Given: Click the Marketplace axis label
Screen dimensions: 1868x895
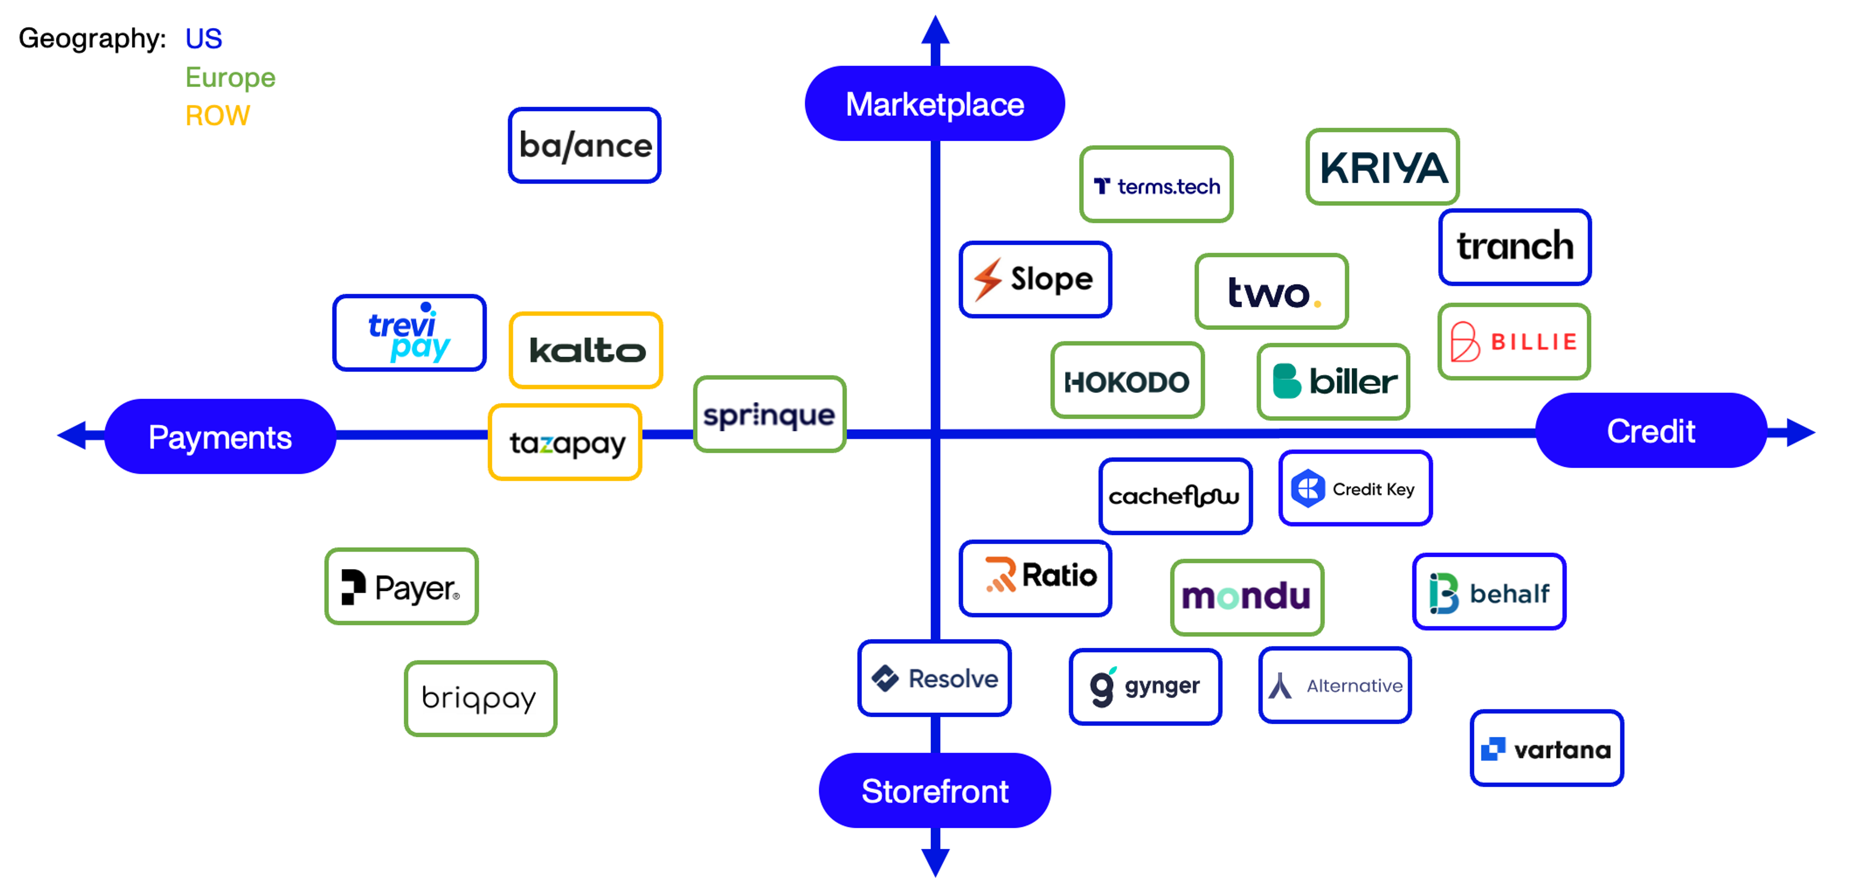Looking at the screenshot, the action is (x=934, y=104).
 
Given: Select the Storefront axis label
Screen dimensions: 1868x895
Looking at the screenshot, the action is (x=934, y=790).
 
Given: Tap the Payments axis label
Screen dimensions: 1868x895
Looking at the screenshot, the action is (x=220, y=437).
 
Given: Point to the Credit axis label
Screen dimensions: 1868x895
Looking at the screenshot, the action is (x=1651, y=431).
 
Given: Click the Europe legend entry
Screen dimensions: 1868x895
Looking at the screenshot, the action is (x=230, y=77).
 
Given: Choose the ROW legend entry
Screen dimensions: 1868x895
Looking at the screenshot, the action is (x=217, y=116).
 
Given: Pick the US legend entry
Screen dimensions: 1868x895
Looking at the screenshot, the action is (x=204, y=38).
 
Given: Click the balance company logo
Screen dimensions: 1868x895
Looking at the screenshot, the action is (x=584, y=145).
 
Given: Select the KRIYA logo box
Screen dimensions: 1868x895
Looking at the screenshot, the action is (x=1382, y=167).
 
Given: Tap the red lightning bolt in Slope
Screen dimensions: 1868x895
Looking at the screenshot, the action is (x=988, y=279).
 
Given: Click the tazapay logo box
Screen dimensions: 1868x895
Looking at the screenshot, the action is (x=565, y=442).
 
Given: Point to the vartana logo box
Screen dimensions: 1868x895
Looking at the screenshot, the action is (x=1547, y=748).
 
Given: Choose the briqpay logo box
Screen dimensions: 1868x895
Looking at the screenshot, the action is (x=481, y=698).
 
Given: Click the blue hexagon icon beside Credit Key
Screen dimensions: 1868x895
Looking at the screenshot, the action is (x=1308, y=488).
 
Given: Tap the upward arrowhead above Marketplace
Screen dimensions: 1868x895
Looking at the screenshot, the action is (x=935, y=31).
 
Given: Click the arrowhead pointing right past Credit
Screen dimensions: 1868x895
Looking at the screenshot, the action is (x=1800, y=432).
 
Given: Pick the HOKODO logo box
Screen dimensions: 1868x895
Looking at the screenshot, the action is (x=1128, y=380).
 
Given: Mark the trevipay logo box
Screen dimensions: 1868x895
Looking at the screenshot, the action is (x=409, y=333).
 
